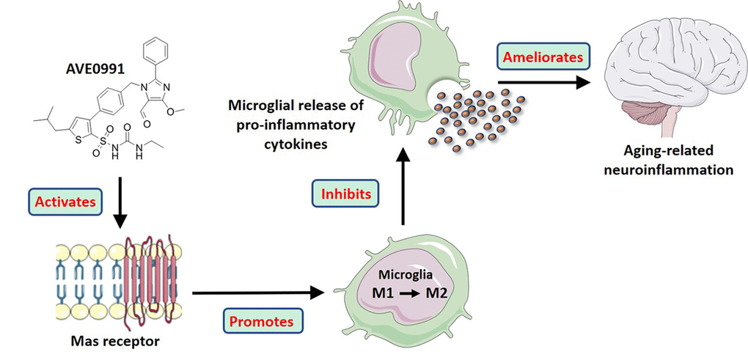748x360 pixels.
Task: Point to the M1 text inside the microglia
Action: pos(385,295)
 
